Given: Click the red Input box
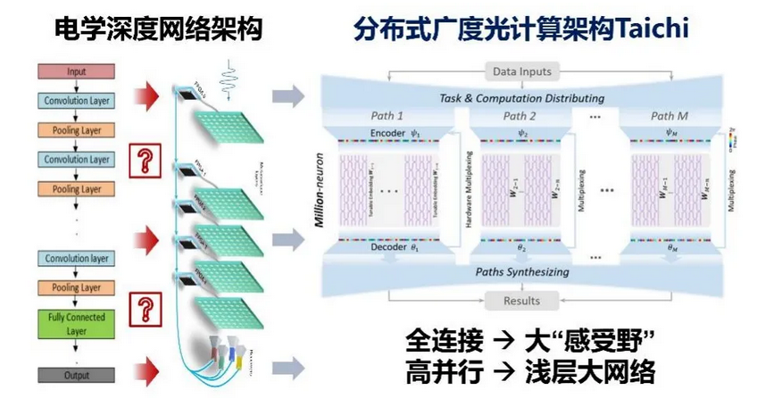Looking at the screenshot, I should [77, 71].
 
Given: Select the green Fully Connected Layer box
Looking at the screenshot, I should [77, 323].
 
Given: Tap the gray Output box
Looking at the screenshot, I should [77, 376].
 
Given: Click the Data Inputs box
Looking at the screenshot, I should [522, 71].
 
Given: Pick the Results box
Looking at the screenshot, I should [522, 301].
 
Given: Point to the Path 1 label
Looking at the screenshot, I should [387, 116].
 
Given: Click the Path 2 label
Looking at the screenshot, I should [520, 116].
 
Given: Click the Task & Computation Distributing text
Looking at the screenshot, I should [522, 98].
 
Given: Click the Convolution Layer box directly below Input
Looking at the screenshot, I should [77, 101].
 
